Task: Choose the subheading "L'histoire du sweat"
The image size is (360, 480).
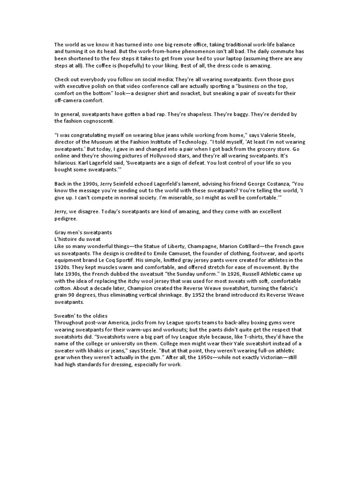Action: point(78,239)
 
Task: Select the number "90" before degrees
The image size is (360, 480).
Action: point(71,295)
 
